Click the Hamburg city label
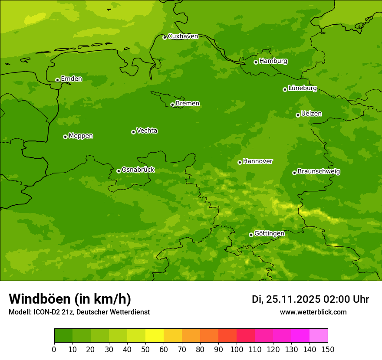click(273, 61)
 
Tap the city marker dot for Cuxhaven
click(165, 37)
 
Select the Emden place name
click(71, 79)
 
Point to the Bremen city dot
click(172, 105)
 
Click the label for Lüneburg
click(302, 88)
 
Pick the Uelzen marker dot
click(298, 115)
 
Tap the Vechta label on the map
click(147, 131)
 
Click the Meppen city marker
click(65, 137)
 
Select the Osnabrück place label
click(138, 170)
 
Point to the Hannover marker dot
click(240, 162)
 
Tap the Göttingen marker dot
click(251, 235)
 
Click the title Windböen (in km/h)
click(70, 299)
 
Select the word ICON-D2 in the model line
click(48, 312)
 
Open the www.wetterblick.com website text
click(313, 312)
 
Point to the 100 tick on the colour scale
click(237, 349)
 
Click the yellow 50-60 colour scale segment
click(155, 335)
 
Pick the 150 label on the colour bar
click(328, 349)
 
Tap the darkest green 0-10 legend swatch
click(63, 335)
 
